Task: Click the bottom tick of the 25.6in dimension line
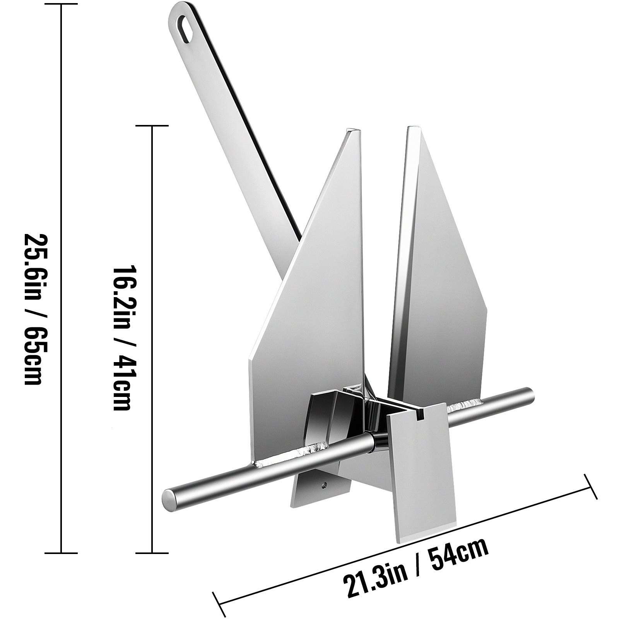(x=61, y=553)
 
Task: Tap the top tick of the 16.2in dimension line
(x=152, y=126)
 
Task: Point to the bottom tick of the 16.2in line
(x=152, y=553)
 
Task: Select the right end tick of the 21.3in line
(x=591, y=486)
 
